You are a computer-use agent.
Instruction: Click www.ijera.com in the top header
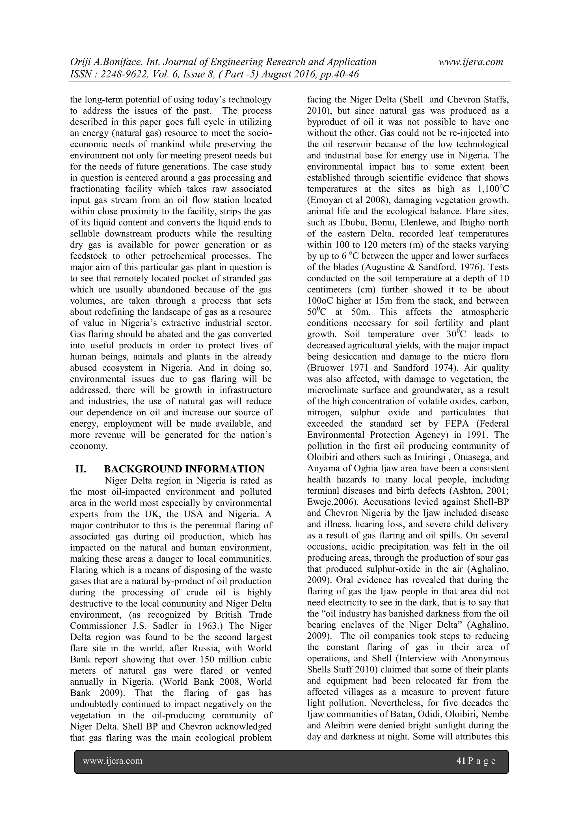471,62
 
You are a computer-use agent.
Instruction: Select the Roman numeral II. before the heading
81,469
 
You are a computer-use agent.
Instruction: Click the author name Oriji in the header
80,62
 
